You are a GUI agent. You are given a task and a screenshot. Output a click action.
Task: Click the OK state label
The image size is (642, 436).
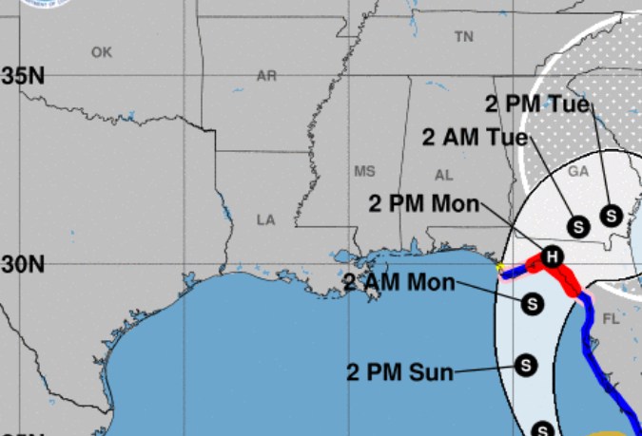click(102, 52)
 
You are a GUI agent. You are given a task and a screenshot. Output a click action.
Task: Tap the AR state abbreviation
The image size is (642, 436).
click(266, 76)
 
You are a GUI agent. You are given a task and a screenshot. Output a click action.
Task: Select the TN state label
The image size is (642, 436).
click(463, 37)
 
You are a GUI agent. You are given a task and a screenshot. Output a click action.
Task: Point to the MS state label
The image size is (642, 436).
click(364, 172)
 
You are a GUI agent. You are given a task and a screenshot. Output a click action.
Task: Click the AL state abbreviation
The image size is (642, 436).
click(443, 176)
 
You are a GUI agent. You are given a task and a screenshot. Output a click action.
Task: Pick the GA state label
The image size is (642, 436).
click(578, 172)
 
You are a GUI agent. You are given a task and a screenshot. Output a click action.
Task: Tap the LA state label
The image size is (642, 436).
click(265, 219)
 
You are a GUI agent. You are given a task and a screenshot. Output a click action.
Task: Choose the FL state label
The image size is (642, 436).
click(611, 320)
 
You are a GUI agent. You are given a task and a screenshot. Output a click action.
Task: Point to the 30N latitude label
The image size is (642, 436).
click(22, 264)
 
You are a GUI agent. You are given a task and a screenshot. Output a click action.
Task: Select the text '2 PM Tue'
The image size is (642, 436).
click(537, 104)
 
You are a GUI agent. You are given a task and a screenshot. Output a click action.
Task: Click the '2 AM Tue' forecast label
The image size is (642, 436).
click(474, 138)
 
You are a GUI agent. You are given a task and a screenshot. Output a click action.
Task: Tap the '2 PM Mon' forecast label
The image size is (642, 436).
click(423, 203)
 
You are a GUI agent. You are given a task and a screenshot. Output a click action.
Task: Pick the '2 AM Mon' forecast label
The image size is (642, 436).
click(399, 282)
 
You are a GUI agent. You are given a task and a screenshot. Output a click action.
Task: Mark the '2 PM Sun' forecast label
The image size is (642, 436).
click(399, 370)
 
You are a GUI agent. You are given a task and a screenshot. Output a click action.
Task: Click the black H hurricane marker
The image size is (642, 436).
click(553, 256)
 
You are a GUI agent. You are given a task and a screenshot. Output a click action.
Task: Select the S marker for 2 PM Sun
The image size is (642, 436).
click(525, 364)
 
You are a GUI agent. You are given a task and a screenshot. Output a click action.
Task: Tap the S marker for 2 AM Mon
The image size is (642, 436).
click(533, 303)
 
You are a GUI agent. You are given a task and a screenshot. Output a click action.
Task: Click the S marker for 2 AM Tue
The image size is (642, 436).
click(577, 226)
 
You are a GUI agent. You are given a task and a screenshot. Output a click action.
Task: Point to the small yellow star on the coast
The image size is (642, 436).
click(500, 267)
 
